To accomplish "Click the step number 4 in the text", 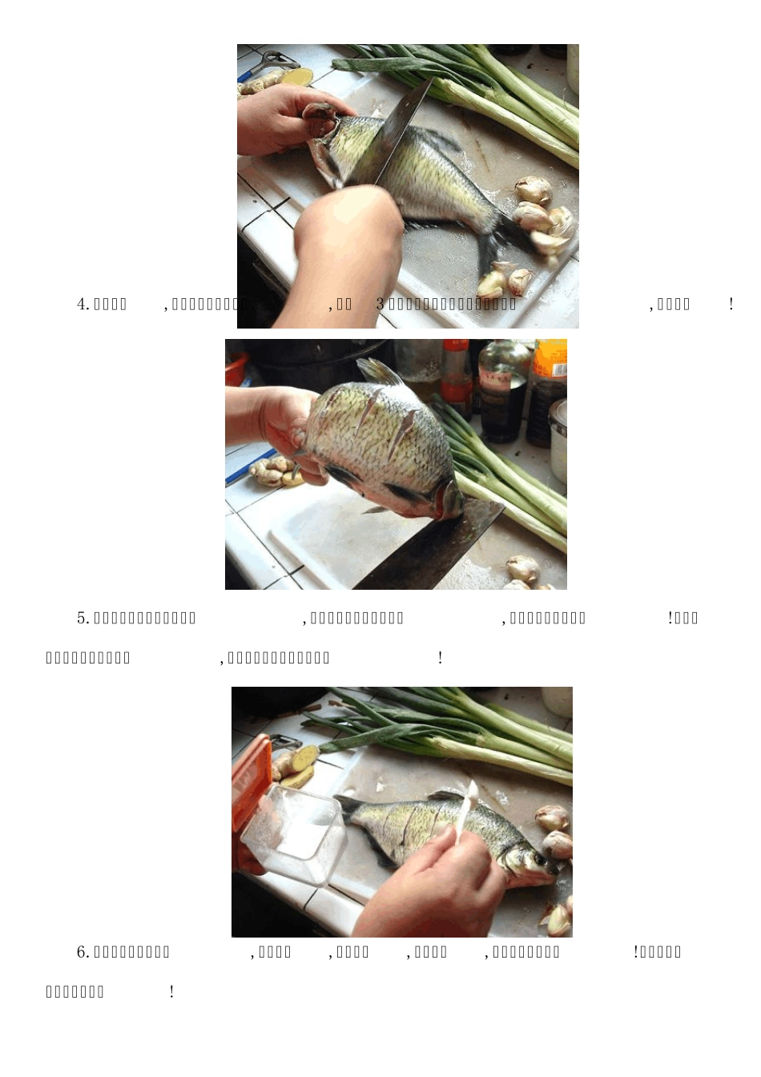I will click(81, 305).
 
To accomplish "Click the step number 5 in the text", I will click(81, 618).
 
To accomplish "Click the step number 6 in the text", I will click(81, 952).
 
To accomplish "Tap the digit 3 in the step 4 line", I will click(380, 305).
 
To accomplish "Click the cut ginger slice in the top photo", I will click(296, 77).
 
